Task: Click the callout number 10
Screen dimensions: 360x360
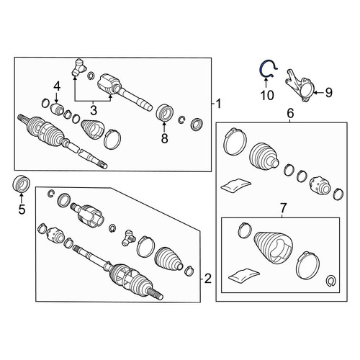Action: pyautogui.click(x=267, y=95)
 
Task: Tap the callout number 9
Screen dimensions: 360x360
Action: pyautogui.click(x=328, y=92)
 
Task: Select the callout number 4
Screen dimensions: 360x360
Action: pyautogui.click(x=57, y=86)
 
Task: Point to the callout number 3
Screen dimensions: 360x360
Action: pyautogui.click(x=94, y=110)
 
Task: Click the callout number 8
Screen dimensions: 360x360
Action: pyautogui.click(x=164, y=138)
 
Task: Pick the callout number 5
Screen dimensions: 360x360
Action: pyautogui.click(x=22, y=210)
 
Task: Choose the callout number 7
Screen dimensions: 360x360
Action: pyautogui.click(x=283, y=208)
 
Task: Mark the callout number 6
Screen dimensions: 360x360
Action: pyautogui.click(x=290, y=113)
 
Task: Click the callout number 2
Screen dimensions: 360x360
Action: pyautogui.click(x=208, y=279)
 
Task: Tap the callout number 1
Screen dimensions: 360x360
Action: pyautogui.click(x=218, y=104)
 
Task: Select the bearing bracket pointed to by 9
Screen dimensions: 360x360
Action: pyautogui.click(x=300, y=86)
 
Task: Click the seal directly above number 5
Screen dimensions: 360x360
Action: pyautogui.click(x=21, y=184)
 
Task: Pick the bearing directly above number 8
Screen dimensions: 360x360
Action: pyautogui.click(x=165, y=112)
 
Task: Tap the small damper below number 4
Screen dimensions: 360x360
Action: pyautogui.click(x=57, y=109)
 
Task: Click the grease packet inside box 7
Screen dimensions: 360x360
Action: pyautogui.click(x=244, y=275)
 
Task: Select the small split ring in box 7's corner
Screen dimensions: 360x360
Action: pyautogui.click(x=331, y=281)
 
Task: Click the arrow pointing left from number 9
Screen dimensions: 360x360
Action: pyautogui.click(x=319, y=93)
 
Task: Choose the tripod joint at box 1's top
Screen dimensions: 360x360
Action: pyautogui.click(x=78, y=68)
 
